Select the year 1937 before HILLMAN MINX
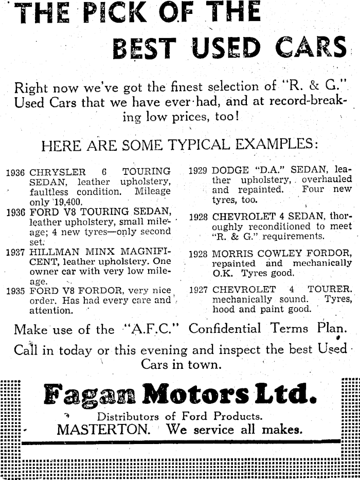[x=16, y=252]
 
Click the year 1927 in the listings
[x=198, y=290]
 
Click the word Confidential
[x=225, y=328]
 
